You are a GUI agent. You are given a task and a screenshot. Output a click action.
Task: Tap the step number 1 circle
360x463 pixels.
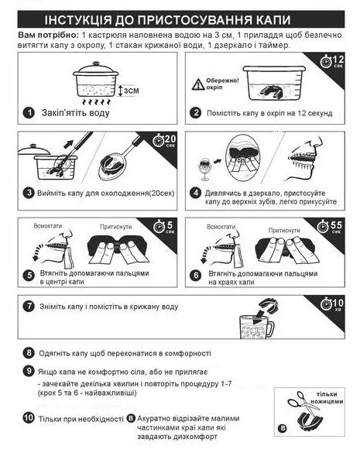click(29, 113)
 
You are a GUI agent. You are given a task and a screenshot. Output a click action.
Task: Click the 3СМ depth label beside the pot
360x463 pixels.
click(131, 91)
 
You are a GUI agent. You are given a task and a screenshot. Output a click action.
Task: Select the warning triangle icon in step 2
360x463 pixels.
click(198, 84)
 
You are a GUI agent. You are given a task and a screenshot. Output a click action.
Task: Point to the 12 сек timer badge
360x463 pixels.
click(332, 61)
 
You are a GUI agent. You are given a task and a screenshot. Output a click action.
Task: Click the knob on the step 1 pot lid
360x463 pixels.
click(96, 63)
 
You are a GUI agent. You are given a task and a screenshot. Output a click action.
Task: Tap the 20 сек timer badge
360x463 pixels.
click(164, 140)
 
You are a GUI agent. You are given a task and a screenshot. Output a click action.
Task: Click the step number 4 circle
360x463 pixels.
click(196, 194)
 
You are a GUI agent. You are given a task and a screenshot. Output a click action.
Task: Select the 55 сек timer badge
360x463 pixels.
click(330, 227)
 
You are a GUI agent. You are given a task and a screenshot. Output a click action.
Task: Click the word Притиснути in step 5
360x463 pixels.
click(116, 227)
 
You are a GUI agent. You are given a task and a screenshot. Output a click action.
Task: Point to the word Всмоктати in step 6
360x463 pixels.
click(221, 227)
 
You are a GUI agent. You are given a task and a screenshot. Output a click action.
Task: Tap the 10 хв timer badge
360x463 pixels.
click(332, 304)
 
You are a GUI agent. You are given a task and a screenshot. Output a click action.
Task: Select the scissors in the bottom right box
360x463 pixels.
click(303, 402)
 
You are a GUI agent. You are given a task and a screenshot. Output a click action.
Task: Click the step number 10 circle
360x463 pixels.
click(29, 417)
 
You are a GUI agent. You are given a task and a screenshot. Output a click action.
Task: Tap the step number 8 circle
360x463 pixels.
click(29, 352)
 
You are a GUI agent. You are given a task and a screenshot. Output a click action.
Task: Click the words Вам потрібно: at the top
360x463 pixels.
click(49, 35)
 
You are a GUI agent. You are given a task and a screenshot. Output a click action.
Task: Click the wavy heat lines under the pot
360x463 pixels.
click(96, 102)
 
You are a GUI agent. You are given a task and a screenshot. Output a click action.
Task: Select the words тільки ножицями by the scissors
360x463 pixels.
click(327, 398)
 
